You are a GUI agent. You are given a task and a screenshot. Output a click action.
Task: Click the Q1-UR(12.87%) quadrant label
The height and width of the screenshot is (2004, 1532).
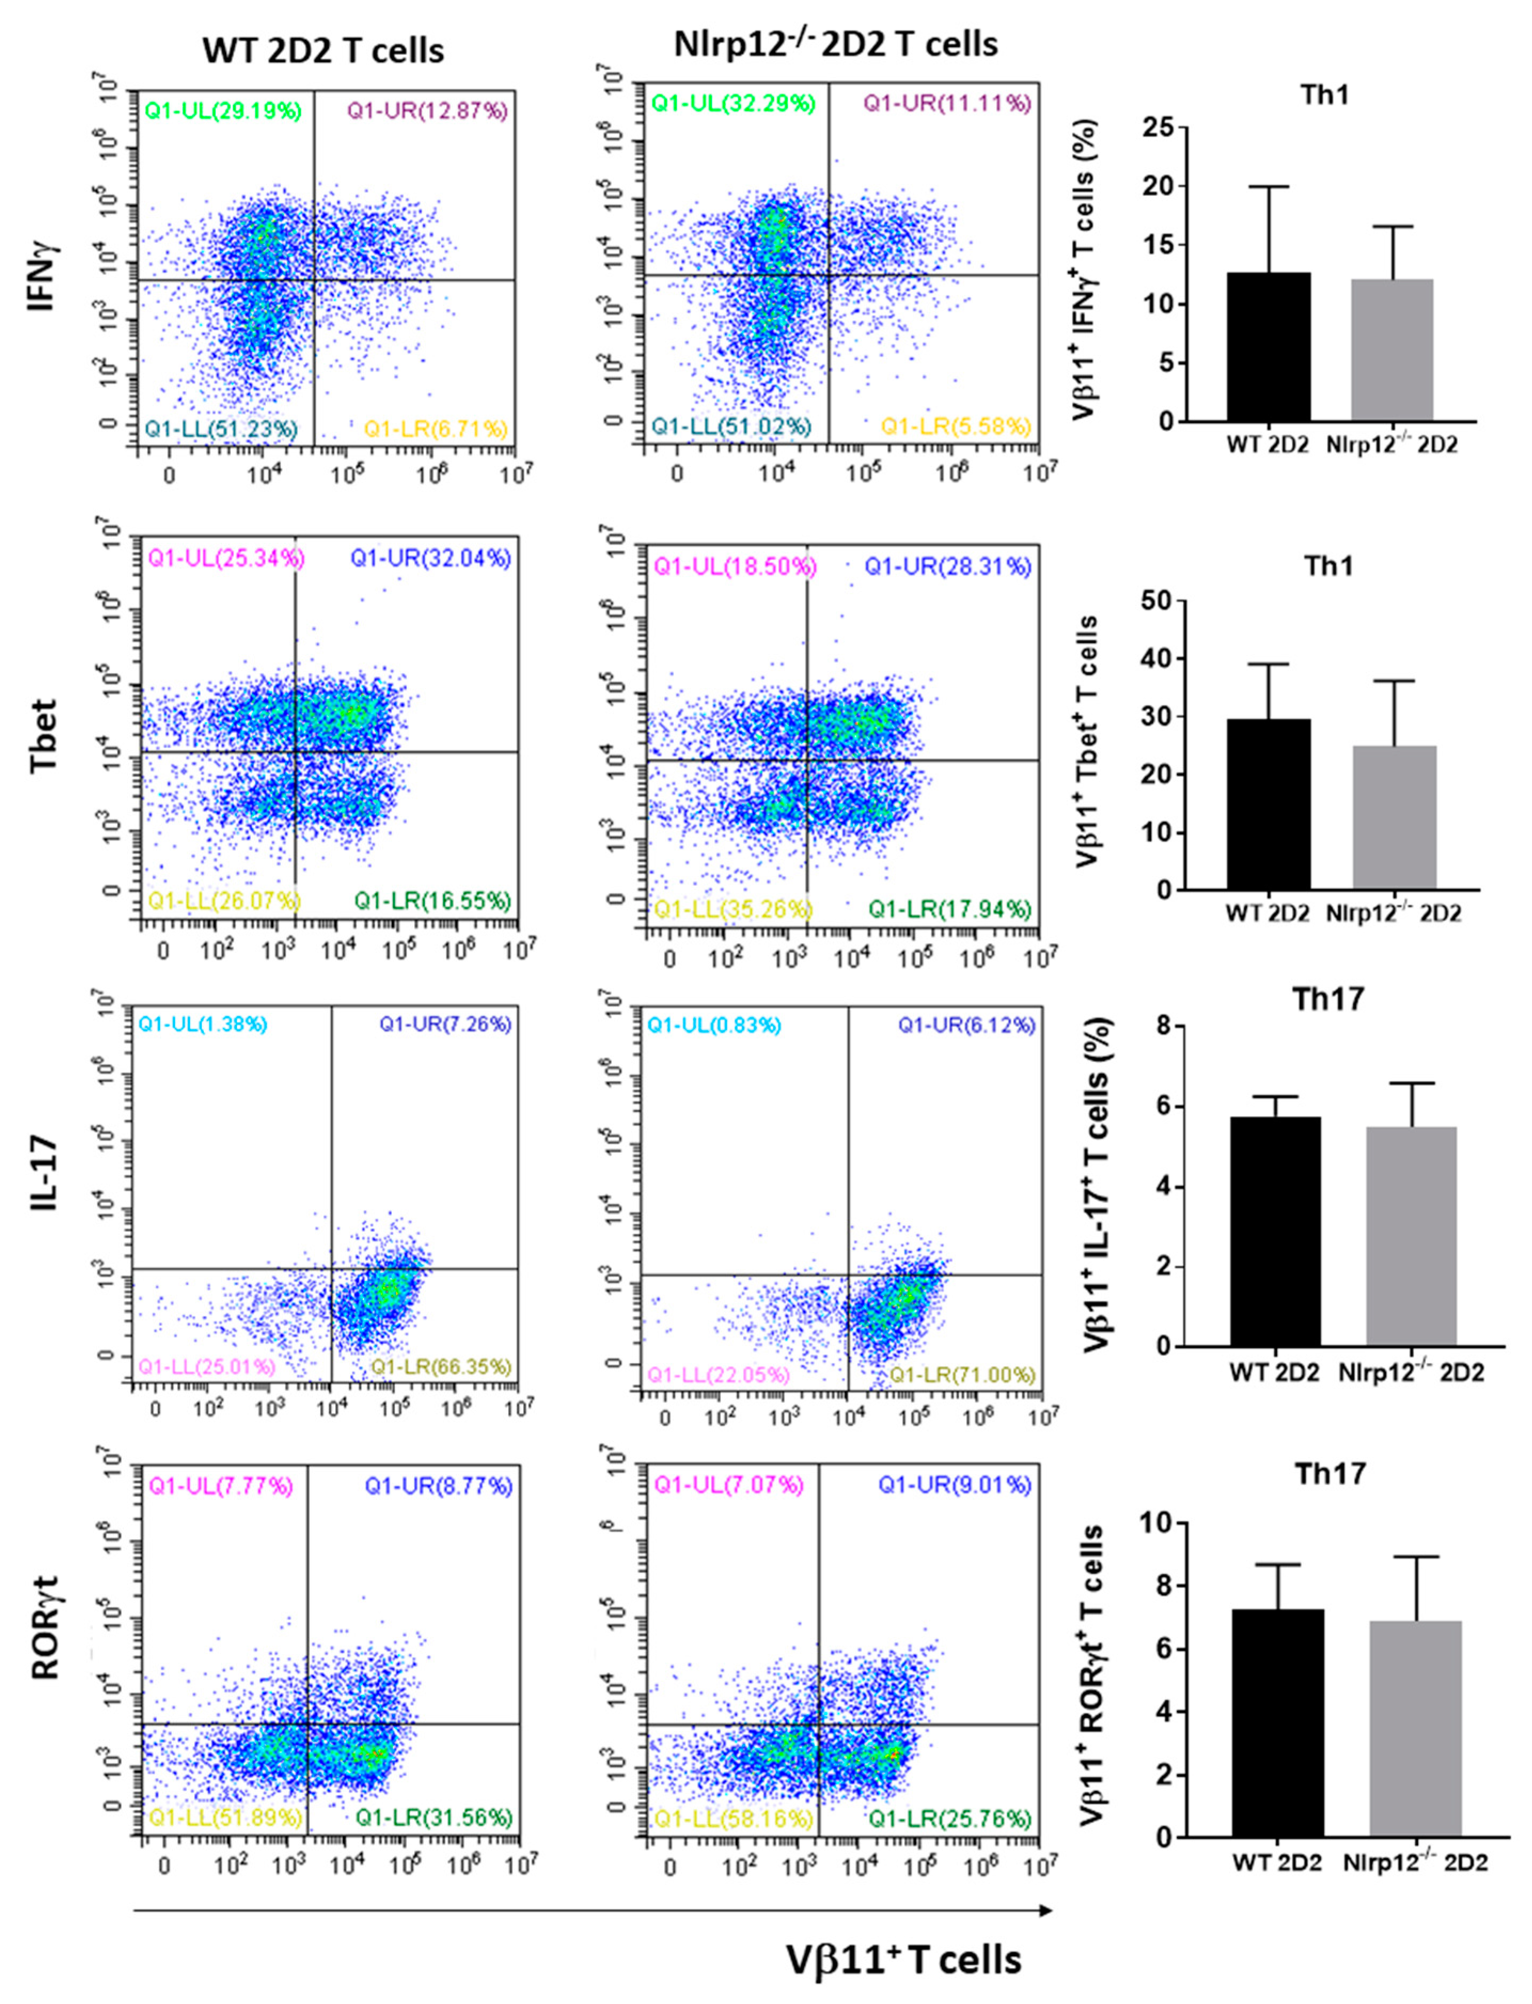(x=427, y=111)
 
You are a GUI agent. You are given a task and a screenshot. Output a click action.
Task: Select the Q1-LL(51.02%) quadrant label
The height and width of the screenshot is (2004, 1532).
(x=730, y=427)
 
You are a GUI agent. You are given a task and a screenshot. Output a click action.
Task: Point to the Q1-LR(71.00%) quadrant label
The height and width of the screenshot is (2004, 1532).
(x=962, y=1374)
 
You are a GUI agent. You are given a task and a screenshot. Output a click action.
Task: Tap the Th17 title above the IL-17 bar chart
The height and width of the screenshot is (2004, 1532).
(x=1327, y=999)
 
